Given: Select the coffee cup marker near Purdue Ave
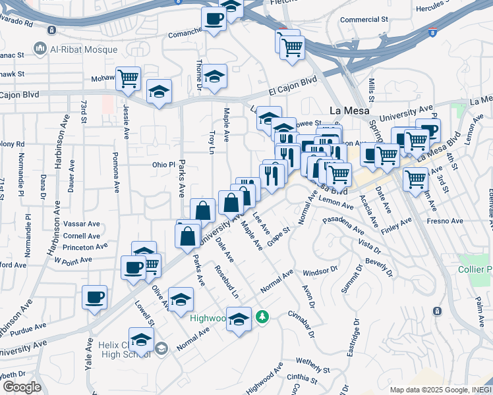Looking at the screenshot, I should pyautogui.click(x=94, y=297).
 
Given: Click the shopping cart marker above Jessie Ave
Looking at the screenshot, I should pyautogui.click(x=129, y=78).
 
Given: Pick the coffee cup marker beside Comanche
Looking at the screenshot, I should pyautogui.click(x=214, y=18).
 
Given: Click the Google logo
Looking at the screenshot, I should pyautogui.click(x=22, y=387).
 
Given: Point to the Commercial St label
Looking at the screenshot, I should pyautogui.click(x=363, y=20).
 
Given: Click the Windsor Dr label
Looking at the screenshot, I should pyautogui.click(x=320, y=271).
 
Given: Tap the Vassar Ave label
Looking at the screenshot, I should pyautogui.click(x=82, y=224).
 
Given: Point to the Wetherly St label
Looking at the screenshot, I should pyautogui.click(x=312, y=361).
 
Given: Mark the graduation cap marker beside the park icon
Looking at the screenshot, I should pyautogui.click(x=239, y=319).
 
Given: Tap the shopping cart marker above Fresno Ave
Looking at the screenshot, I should pyautogui.click(x=415, y=178).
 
